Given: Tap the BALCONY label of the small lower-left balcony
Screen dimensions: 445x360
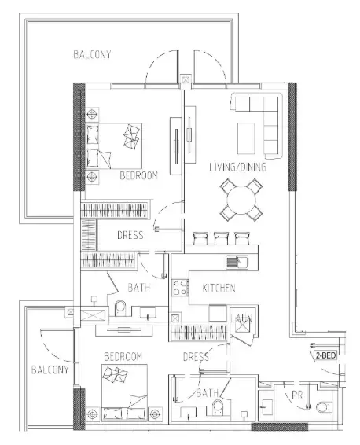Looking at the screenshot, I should click(x=50, y=369).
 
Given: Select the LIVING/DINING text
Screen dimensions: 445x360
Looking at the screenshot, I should click(x=237, y=167).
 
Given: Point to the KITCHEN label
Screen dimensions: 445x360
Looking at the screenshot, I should click(x=219, y=289).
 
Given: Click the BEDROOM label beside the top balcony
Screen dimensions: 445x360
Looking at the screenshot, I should click(x=139, y=176).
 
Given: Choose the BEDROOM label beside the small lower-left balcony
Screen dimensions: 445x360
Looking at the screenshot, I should click(x=123, y=356).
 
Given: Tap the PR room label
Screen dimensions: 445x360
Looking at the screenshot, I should click(x=297, y=395).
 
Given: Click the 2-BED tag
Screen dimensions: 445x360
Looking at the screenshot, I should click(x=326, y=355).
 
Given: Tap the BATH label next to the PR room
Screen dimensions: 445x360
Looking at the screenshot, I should click(x=208, y=392).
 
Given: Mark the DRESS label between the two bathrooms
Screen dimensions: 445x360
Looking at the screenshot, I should click(x=196, y=357).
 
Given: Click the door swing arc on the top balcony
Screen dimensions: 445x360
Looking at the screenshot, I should click(x=163, y=63).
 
